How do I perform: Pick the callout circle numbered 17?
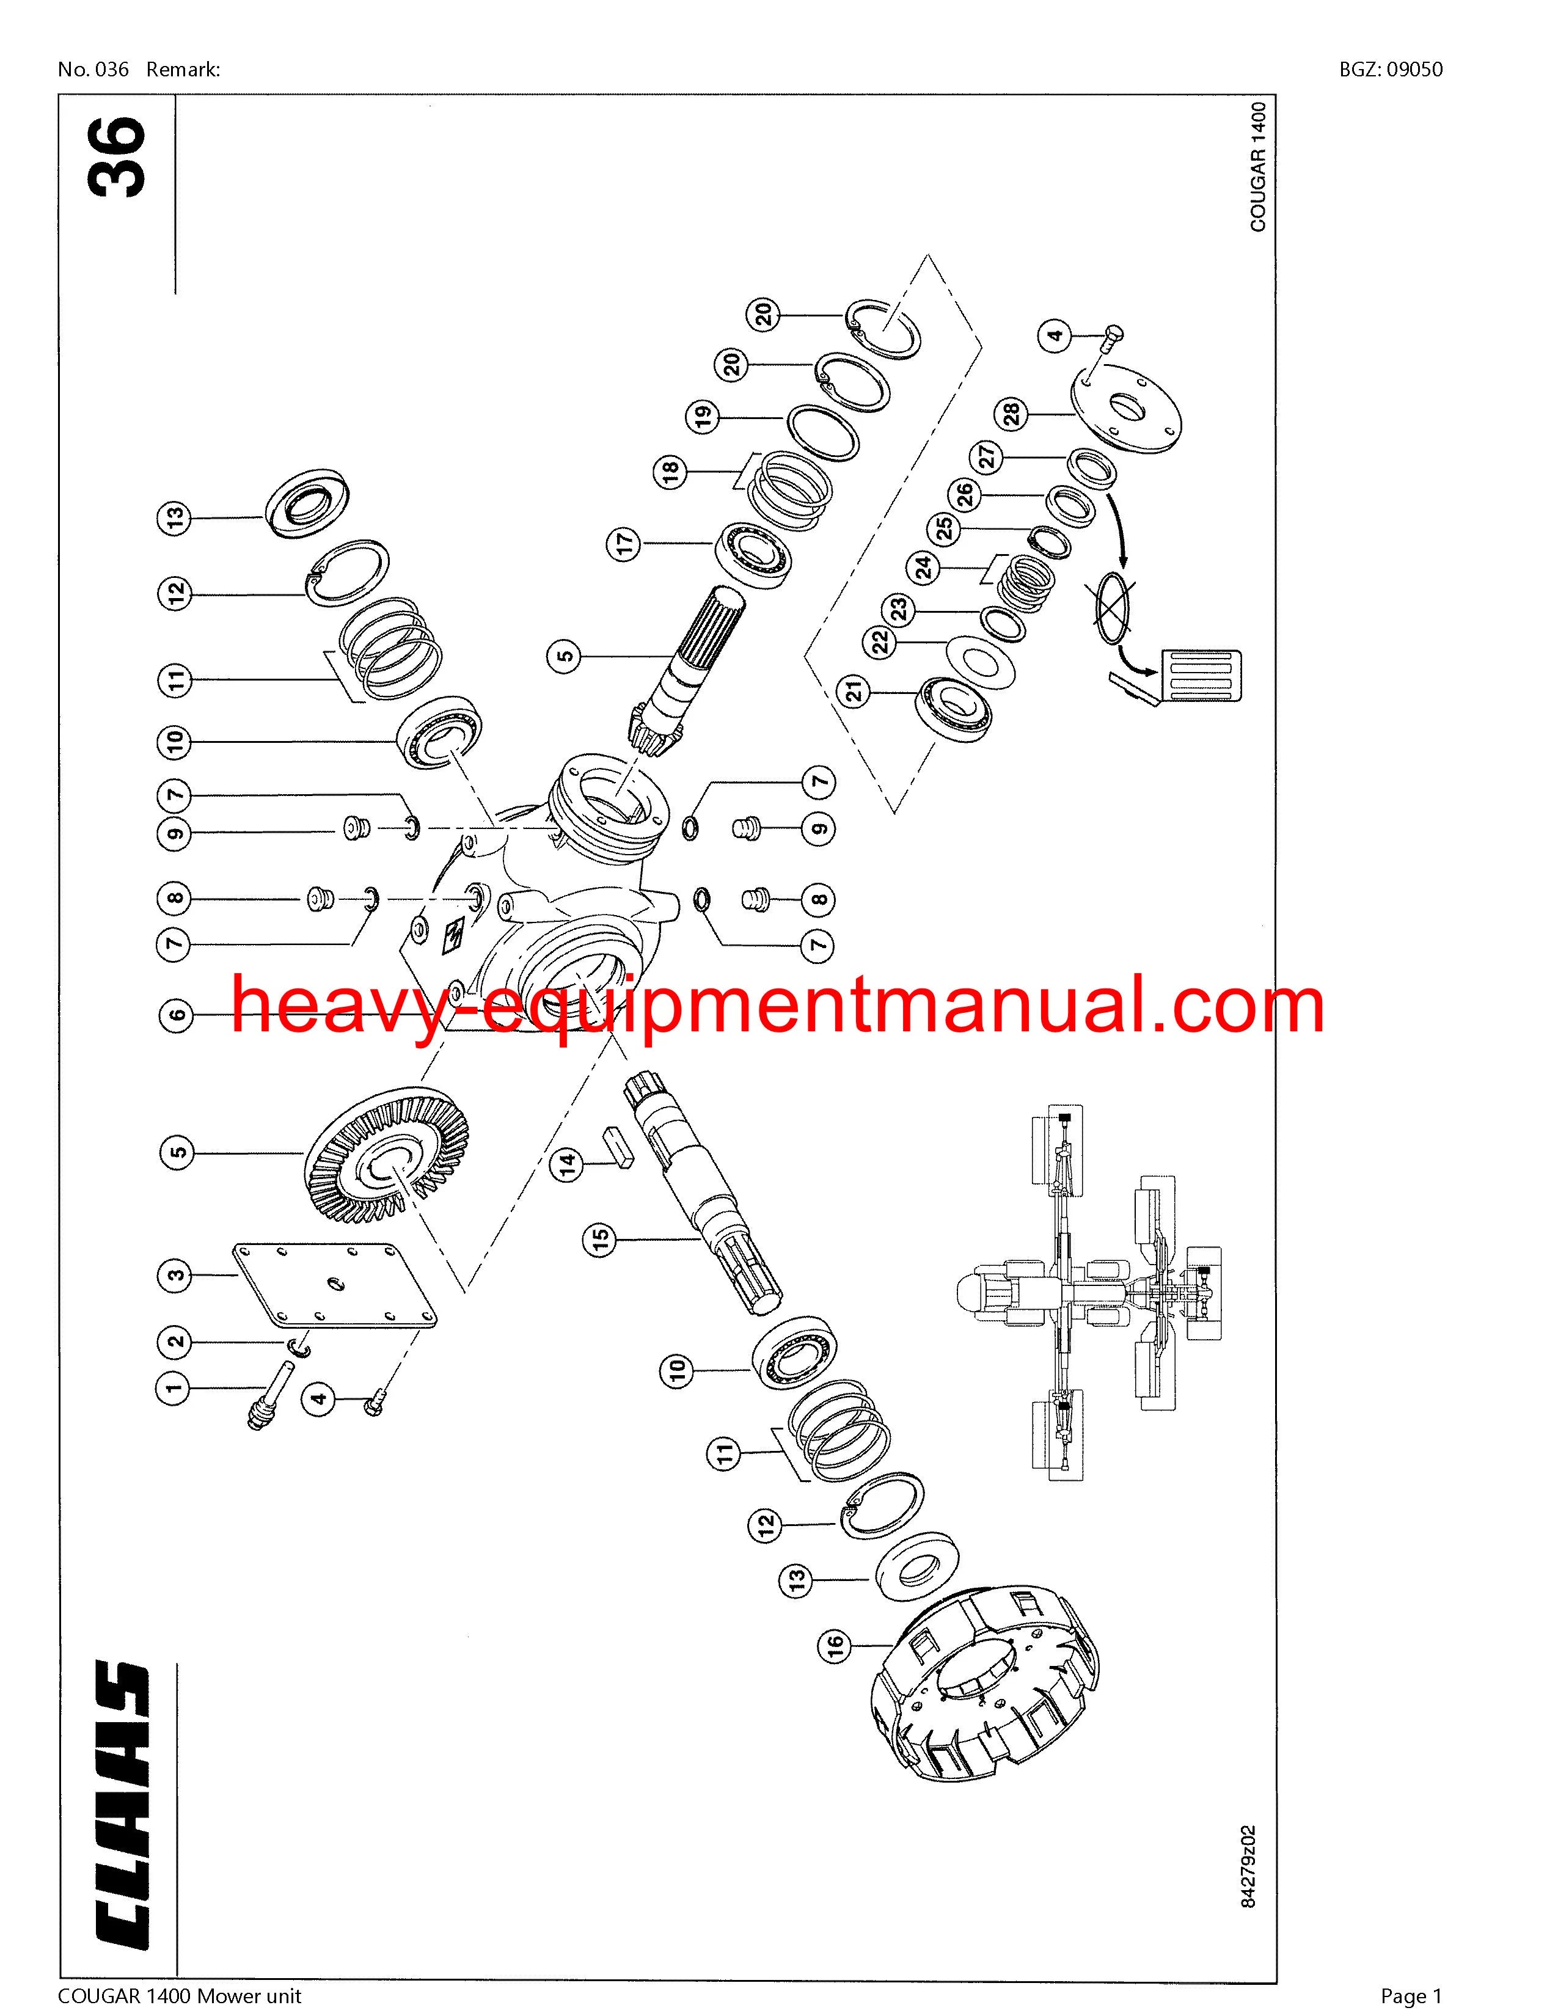[624, 544]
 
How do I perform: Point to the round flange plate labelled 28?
[1126, 412]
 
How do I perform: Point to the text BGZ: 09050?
[1391, 69]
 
